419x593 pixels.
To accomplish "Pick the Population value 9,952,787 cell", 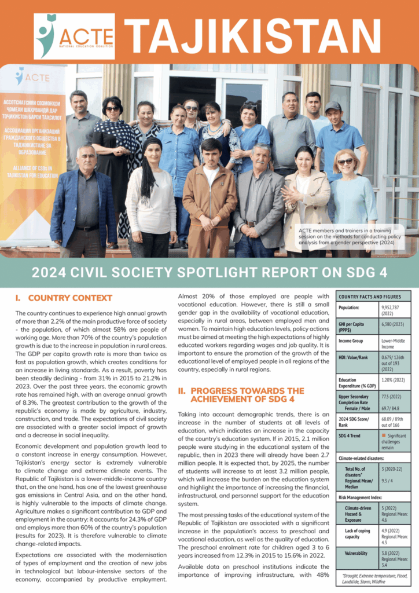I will point(395,311).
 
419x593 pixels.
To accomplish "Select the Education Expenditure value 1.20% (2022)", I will point(395,380).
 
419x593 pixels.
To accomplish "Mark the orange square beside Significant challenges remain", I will point(383,435).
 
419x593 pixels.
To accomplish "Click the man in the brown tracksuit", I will point(211,197).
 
